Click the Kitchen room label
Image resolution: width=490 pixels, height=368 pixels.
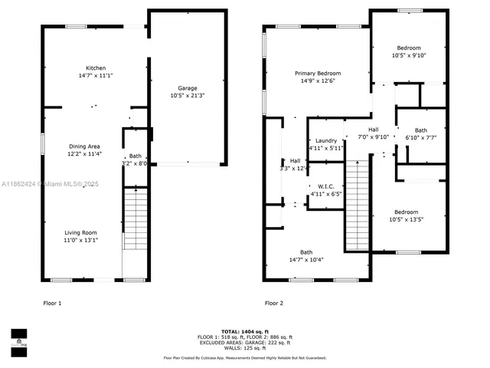coord(96,68)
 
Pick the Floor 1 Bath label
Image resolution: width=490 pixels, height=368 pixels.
coord(135,156)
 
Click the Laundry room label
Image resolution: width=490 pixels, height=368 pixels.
coord(326,140)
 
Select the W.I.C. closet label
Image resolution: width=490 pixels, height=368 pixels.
coord(326,186)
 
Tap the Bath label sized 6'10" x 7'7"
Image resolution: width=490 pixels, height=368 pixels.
coord(421,130)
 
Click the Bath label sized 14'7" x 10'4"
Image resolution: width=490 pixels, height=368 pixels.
coord(306,252)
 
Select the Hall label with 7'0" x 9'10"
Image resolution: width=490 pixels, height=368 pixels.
coord(374,130)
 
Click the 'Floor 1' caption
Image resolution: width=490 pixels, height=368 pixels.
coord(52,303)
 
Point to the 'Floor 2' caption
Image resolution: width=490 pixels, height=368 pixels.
coord(274,303)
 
